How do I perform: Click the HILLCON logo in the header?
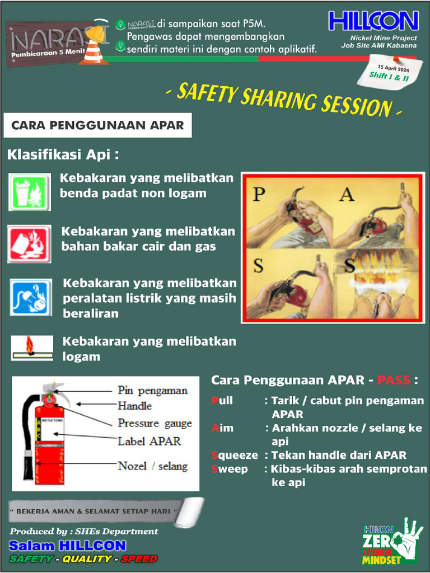(x=373, y=21)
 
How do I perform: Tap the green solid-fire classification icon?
(x=29, y=192)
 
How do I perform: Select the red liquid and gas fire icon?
(x=29, y=244)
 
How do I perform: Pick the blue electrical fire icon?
(x=30, y=297)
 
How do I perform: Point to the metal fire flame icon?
(x=32, y=347)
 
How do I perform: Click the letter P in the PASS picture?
(x=258, y=194)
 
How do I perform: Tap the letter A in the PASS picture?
(x=347, y=194)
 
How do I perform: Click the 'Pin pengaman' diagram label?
(x=152, y=391)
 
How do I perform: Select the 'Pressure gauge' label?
(x=155, y=423)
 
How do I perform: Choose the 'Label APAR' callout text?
(x=149, y=441)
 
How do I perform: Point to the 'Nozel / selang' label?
(x=152, y=466)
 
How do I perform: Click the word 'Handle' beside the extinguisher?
(x=134, y=406)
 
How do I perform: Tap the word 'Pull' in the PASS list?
(x=222, y=401)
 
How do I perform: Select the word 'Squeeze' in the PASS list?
(x=235, y=455)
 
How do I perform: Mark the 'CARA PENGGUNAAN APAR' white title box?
(x=98, y=125)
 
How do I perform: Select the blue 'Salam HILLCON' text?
(x=67, y=546)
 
